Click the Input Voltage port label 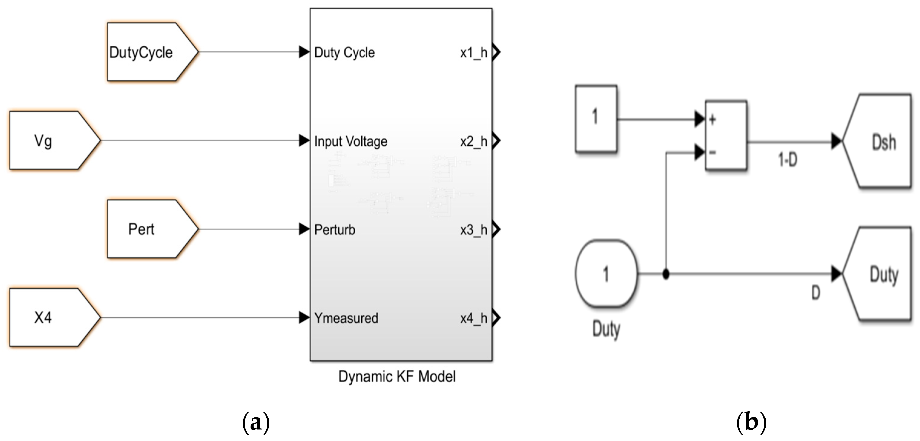click(x=350, y=141)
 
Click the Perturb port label click(x=335, y=230)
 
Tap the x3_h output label click(x=473, y=230)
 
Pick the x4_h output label click(x=473, y=318)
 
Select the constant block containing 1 click(x=596, y=118)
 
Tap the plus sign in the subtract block click(x=712, y=120)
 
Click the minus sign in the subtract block click(x=712, y=153)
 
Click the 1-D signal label click(x=787, y=160)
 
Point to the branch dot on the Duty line click(x=666, y=274)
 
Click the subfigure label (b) click(x=751, y=423)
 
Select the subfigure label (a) click(x=256, y=423)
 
